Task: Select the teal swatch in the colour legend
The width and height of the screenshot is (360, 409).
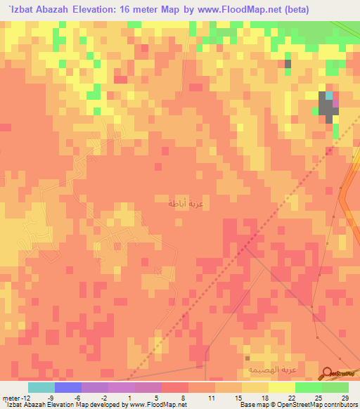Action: tap(41, 387)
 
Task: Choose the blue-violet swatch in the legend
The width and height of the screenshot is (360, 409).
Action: tap(67, 387)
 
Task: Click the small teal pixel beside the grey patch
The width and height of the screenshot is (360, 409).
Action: tap(328, 96)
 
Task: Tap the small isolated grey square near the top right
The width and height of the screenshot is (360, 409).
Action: tap(288, 64)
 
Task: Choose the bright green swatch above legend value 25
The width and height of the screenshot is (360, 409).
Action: tap(308, 387)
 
